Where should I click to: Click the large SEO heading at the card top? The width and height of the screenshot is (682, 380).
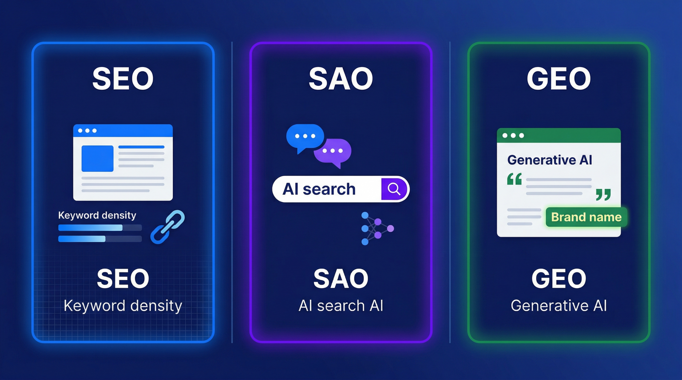point(123,78)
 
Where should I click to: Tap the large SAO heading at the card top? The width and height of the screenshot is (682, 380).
point(341,78)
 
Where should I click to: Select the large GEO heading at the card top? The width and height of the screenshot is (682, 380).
point(559,78)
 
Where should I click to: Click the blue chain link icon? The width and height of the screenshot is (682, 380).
point(168,227)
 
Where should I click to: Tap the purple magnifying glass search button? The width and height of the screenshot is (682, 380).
point(394,189)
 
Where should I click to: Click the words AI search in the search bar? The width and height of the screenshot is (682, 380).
point(319,189)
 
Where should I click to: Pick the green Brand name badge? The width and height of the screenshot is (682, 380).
point(586,217)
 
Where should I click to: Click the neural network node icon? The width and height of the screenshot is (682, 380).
point(377,228)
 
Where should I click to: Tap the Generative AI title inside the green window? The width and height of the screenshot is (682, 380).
point(550,160)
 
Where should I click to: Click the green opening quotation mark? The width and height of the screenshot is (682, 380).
point(514,179)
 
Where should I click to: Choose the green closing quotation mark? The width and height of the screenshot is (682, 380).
point(603,194)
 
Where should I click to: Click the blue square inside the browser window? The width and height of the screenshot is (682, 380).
point(98,158)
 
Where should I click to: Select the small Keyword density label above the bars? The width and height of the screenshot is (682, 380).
point(97,215)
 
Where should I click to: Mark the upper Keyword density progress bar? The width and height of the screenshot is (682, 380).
point(100,227)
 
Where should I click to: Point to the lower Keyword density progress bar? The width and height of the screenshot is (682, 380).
point(100,239)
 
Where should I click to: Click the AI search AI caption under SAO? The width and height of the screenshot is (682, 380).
point(341,305)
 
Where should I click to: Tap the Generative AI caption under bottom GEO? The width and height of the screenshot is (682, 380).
point(559,305)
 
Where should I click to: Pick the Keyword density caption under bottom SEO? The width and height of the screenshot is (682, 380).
point(123,306)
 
